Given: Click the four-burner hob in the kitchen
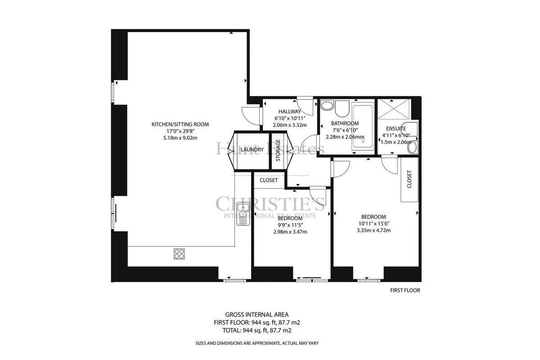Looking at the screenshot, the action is pyautogui.click(x=179, y=254).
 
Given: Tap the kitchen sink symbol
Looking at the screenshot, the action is pyautogui.click(x=243, y=214).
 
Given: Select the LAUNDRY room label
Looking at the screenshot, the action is pyautogui.click(x=252, y=150).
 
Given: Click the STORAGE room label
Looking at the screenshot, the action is pyautogui.click(x=278, y=150).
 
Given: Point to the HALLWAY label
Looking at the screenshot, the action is pyautogui.click(x=289, y=112).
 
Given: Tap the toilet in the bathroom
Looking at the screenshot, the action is pyautogui.click(x=342, y=108).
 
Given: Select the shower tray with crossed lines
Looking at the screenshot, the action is pyautogui.click(x=394, y=109).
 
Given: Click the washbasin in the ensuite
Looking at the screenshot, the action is pyautogui.click(x=413, y=148).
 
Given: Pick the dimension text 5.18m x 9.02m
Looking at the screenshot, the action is pyautogui.click(x=180, y=138).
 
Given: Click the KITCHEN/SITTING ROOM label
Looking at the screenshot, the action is pyautogui.click(x=180, y=124).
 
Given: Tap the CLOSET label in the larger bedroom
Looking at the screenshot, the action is pyautogui.click(x=409, y=180).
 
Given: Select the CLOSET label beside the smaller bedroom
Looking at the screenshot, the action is pyautogui.click(x=269, y=180).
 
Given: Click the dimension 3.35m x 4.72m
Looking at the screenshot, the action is pyautogui.click(x=373, y=230).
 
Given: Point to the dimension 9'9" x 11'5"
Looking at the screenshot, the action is pyautogui.click(x=290, y=225).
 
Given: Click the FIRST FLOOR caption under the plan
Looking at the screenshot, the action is pyautogui.click(x=405, y=290).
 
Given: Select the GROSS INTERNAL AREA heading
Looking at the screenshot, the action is pyautogui.click(x=257, y=315).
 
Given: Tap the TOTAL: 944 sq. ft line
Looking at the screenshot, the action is pyautogui.click(x=257, y=330).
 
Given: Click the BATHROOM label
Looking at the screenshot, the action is pyautogui.click(x=345, y=123).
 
